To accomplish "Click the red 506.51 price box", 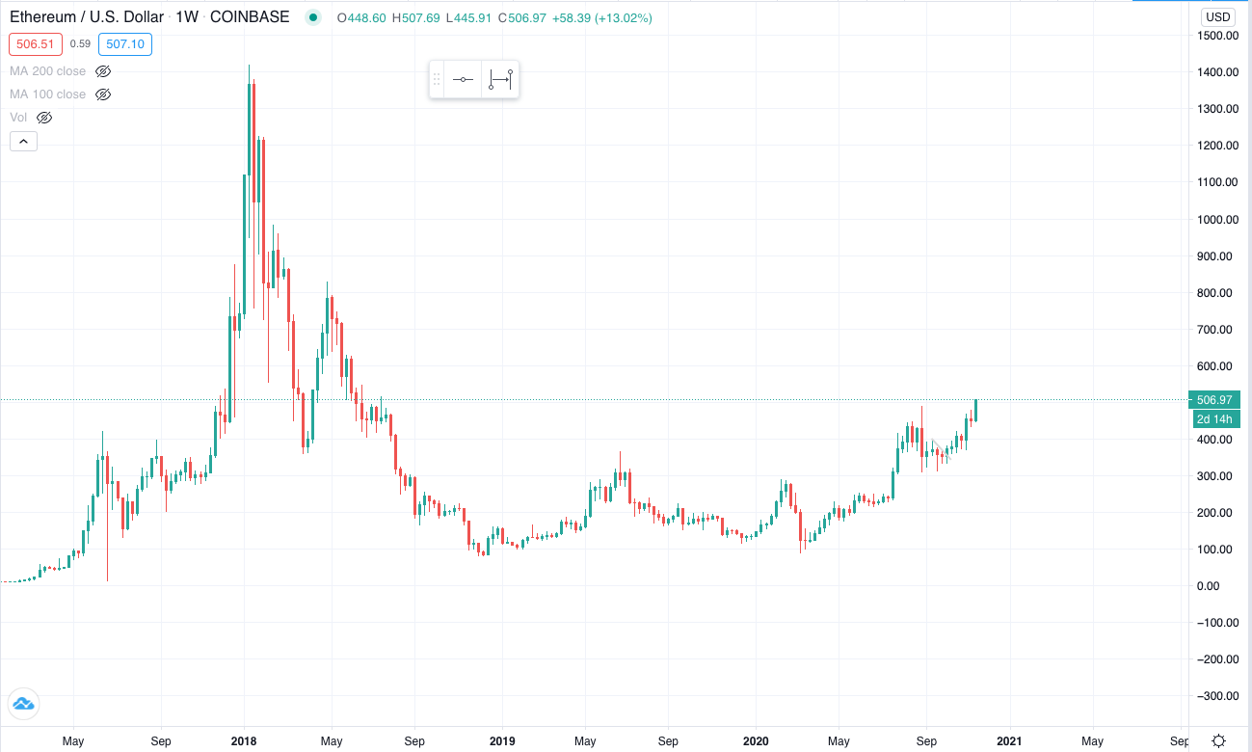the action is click(x=36, y=44).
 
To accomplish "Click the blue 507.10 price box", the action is click(x=125, y=44).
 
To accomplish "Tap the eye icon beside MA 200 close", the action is click(x=103, y=71).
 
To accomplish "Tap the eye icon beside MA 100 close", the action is click(x=103, y=94).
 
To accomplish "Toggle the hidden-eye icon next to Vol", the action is click(x=44, y=118).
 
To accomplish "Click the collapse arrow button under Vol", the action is click(x=23, y=142).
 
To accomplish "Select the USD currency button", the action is click(x=1218, y=17).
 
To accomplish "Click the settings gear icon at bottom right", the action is click(x=1218, y=740).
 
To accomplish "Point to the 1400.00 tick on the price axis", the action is click(x=1217, y=72).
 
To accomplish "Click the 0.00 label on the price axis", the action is click(x=1208, y=586).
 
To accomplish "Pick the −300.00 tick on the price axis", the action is click(x=1217, y=696).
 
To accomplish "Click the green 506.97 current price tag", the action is click(x=1214, y=400).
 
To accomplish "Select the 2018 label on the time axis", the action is click(x=244, y=741).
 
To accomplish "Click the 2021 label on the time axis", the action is click(x=1009, y=741).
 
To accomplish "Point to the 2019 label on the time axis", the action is click(x=502, y=741).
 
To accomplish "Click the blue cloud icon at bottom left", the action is click(x=23, y=704).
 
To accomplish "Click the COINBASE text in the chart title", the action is click(x=250, y=17).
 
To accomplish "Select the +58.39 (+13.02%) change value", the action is click(x=602, y=18).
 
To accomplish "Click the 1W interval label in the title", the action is click(x=187, y=17).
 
